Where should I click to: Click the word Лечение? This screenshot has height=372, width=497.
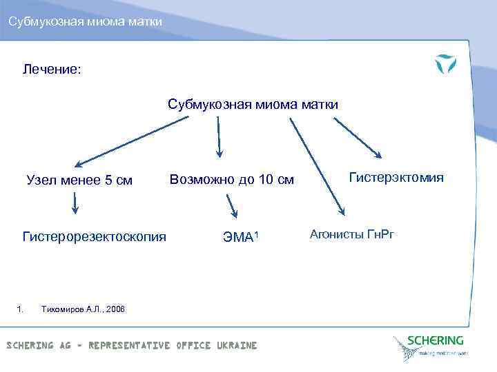tap(52, 69)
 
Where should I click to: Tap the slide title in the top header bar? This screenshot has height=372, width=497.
tap(86, 23)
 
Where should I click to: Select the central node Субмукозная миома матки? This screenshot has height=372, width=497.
tap(253, 105)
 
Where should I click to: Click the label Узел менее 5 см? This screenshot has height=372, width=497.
tap(79, 181)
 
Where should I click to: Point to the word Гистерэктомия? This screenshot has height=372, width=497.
tap(396, 178)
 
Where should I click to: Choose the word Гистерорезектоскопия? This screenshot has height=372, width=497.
tap(94, 237)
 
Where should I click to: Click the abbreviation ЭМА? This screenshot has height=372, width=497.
tap(237, 238)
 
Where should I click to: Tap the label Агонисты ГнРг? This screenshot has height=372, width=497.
tap(351, 234)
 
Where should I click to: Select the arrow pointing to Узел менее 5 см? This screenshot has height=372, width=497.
tap(131, 141)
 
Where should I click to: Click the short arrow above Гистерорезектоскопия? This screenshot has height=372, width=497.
tap(75, 202)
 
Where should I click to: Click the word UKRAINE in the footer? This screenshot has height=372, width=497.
tap(235, 345)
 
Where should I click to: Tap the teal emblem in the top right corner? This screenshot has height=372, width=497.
tap(445, 65)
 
